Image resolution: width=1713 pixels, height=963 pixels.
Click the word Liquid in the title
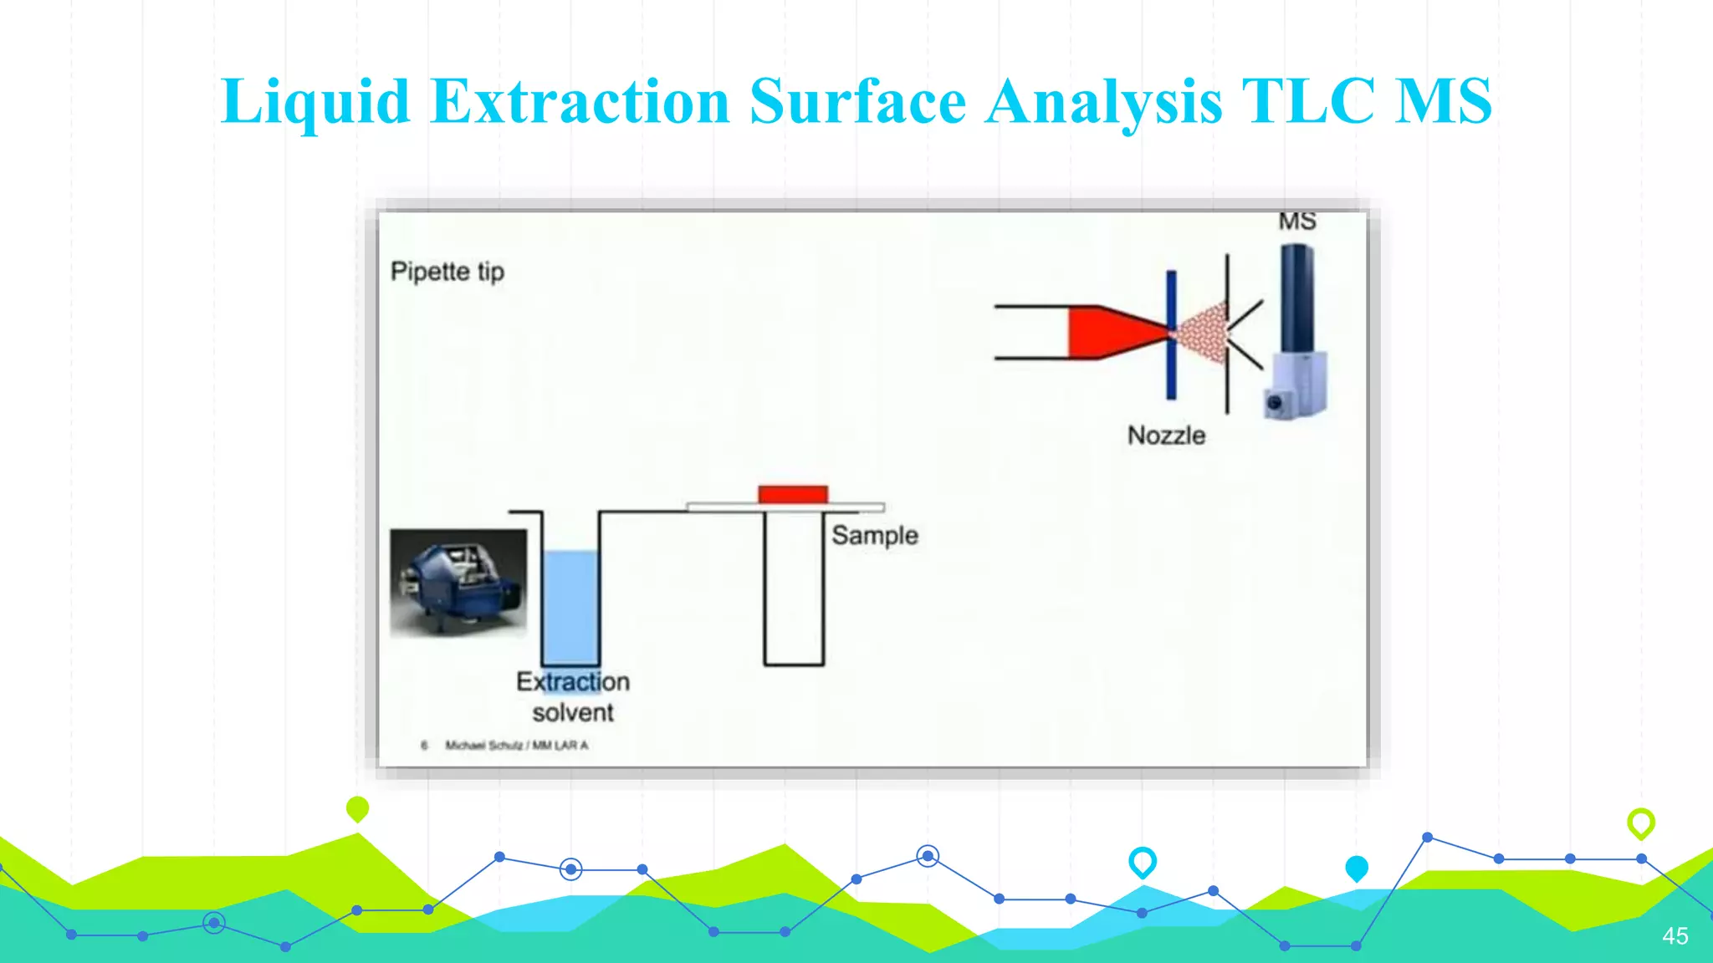[x=314, y=102]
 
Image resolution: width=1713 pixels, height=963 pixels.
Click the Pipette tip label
[x=447, y=272]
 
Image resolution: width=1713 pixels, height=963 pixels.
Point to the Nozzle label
[x=1166, y=436]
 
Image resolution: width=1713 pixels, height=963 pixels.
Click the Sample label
[x=875, y=535]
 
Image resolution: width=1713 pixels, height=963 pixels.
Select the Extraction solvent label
[x=573, y=697]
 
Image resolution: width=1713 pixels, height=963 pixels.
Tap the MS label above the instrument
[x=1296, y=222]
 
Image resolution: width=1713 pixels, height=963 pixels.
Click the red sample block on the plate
[x=793, y=494]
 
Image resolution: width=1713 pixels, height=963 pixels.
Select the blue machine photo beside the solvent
[x=458, y=582]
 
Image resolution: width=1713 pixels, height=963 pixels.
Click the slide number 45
[x=1675, y=936]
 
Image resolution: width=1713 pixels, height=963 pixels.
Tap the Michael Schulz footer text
[x=516, y=745]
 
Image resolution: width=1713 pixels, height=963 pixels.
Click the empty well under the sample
[x=794, y=589]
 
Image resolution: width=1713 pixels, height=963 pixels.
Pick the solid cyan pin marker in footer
[x=1357, y=868]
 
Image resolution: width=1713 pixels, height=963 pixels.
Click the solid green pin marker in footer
[x=357, y=808]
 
